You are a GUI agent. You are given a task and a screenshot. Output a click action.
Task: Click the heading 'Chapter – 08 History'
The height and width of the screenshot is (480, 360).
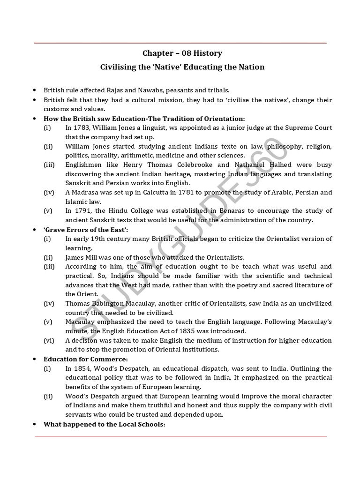pos(182,53)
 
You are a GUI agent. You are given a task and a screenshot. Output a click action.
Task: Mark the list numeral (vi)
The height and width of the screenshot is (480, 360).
pos(49,340)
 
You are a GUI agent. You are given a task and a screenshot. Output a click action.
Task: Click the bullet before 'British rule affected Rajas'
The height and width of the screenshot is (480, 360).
pos(35,90)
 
